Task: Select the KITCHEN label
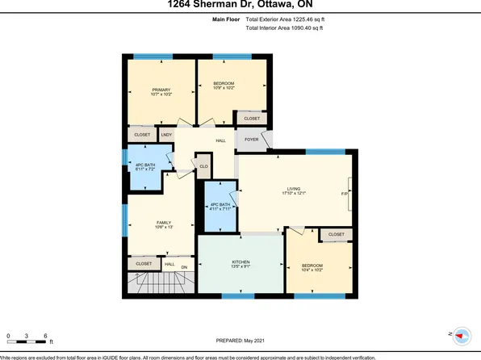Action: [x=240, y=262]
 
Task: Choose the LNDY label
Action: [x=167, y=135]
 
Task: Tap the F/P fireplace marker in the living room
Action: [x=345, y=194]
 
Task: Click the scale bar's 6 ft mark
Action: [x=47, y=336]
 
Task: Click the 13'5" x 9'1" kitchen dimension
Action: [x=240, y=269]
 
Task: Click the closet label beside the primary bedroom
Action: [x=141, y=135]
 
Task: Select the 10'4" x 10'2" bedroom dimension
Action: [x=312, y=271]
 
